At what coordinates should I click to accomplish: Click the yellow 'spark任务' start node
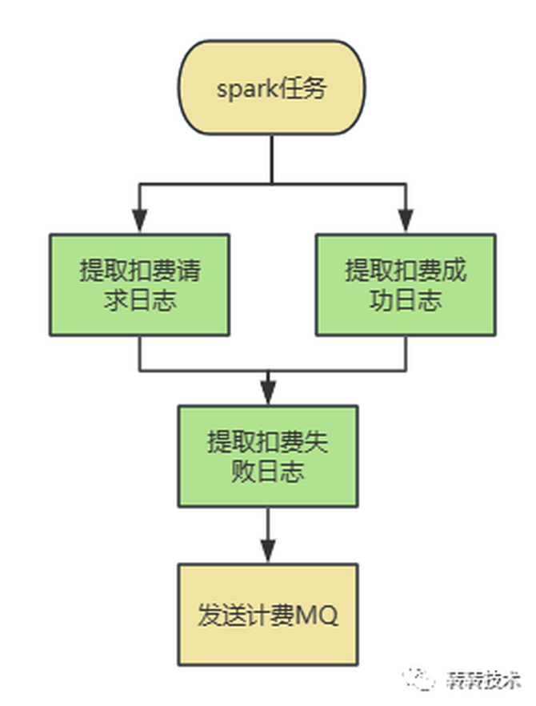[x=271, y=88]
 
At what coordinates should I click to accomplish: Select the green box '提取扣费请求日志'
[x=140, y=284]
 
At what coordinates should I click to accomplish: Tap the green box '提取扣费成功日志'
[x=406, y=284]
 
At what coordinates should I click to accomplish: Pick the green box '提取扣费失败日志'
[x=268, y=455]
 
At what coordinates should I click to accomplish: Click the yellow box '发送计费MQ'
[x=268, y=615]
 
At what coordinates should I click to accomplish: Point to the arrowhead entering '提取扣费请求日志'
[x=140, y=222]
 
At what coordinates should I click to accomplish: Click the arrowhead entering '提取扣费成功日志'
[x=406, y=222]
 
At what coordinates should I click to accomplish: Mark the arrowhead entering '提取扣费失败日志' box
[x=268, y=394]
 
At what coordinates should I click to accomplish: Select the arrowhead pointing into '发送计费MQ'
[x=268, y=552]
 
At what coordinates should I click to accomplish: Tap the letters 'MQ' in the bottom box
[x=317, y=616]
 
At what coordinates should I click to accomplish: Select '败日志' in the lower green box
[x=268, y=471]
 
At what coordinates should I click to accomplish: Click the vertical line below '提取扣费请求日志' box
[x=140, y=353]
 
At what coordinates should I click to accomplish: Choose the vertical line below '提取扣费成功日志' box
[x=406, y=353]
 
